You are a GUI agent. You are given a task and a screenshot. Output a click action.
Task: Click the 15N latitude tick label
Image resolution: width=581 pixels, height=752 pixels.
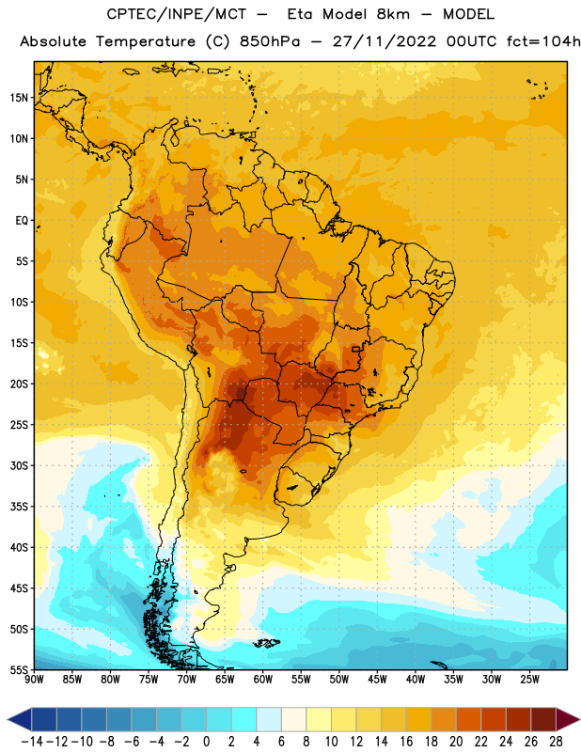(x=19, y=98)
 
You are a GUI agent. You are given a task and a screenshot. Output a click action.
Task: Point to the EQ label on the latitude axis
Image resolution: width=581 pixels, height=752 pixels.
(x=22, y=221)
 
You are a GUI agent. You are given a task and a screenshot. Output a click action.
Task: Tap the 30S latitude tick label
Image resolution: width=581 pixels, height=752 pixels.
(x=19, y=465)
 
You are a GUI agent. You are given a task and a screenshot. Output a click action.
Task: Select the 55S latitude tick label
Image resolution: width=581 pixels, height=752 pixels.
(x=19, y=670)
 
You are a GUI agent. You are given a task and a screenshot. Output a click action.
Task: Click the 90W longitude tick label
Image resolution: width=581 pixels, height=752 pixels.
(x=34, y=680)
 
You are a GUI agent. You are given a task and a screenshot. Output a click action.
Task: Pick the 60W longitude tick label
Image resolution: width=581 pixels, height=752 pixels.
(x=263, y=680)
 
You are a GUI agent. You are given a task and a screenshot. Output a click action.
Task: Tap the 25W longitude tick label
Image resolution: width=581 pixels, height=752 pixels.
(x=529, y=680)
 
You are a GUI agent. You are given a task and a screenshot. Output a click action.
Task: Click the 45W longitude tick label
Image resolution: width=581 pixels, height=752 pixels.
(x=377, y=680)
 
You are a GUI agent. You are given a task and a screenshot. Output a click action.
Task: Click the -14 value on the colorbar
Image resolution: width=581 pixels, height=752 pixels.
(x=32, y=742)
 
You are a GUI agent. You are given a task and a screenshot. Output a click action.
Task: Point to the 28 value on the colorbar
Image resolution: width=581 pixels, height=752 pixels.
(x=556, y=742)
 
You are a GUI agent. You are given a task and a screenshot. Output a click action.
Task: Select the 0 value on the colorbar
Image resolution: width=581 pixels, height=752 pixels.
(x=206, y=742)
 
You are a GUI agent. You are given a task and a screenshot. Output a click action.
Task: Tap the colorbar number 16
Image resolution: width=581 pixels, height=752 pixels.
(x=406, y=742)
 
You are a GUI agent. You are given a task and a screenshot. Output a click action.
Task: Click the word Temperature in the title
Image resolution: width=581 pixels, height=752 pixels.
(x=146, y=41)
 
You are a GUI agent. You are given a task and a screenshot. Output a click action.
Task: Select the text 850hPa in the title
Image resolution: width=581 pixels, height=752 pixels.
(x=270, y=41)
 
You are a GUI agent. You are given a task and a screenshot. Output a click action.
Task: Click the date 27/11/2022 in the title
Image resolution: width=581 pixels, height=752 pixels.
(x=385, y=41)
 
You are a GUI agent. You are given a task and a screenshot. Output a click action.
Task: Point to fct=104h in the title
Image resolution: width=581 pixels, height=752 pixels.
(x=543, y=41)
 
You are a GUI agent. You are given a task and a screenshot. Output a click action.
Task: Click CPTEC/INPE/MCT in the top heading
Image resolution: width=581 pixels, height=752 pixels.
(x=177, y=14)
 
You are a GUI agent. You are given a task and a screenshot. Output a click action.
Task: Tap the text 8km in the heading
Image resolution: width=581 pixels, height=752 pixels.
(x=393, y=14)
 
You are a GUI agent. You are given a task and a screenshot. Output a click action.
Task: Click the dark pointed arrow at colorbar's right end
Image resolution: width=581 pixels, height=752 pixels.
(x=569, y=719)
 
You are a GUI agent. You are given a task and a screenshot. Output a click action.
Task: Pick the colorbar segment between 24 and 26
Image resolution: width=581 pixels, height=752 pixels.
(x=519, y=719)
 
